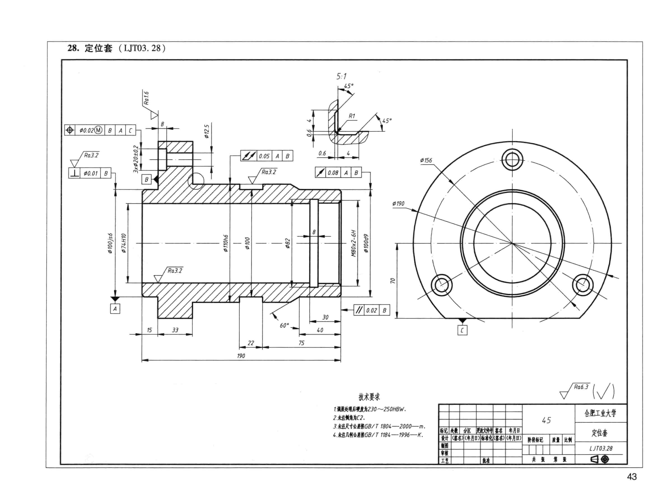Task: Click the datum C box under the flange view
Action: [x=462, y=330]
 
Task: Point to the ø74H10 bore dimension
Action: [x=124, y=243]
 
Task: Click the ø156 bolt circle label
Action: [x=426, y=160]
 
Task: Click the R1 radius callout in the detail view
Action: [x=352, y=116]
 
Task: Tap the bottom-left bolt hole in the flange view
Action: [x=441, y=285]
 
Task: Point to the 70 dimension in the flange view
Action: [x=393, y=280]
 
